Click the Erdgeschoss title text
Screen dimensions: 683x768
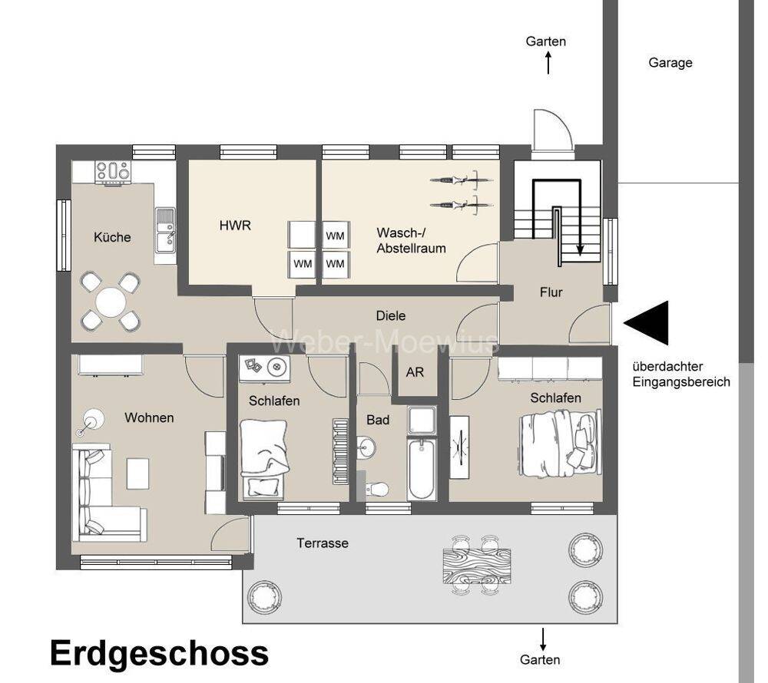pyautogui.click(x=160, y=654)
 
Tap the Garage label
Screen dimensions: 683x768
pyautogui.click(x=670, y=63)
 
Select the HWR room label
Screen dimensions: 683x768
pyautogui.click(x=235, y=226)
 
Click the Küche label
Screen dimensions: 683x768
pyautogui.click(x=112, y=237)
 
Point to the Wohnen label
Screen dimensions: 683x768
pyautogui.click(x=149, y=417)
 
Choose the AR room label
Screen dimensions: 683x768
pyautogui.click(x=415, y=372)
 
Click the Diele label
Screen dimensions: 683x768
pyautogui.click(x=390, y=315)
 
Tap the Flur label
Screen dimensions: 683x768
pyautogui.click(x=551, y=292)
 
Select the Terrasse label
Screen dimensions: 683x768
pyautogui.click(x=323, y=543)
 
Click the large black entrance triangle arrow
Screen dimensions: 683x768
pyautogui.click(x=647, y=323)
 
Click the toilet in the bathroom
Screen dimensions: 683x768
pyautogui.click(x=377, y=488)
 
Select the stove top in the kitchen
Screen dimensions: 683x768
pyautogui.click(x=113, y=172)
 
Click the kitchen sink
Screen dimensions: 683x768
pyautogui.click(x=164, y=231)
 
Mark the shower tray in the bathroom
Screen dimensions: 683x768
pyautogui.click(x=422, y=421)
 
